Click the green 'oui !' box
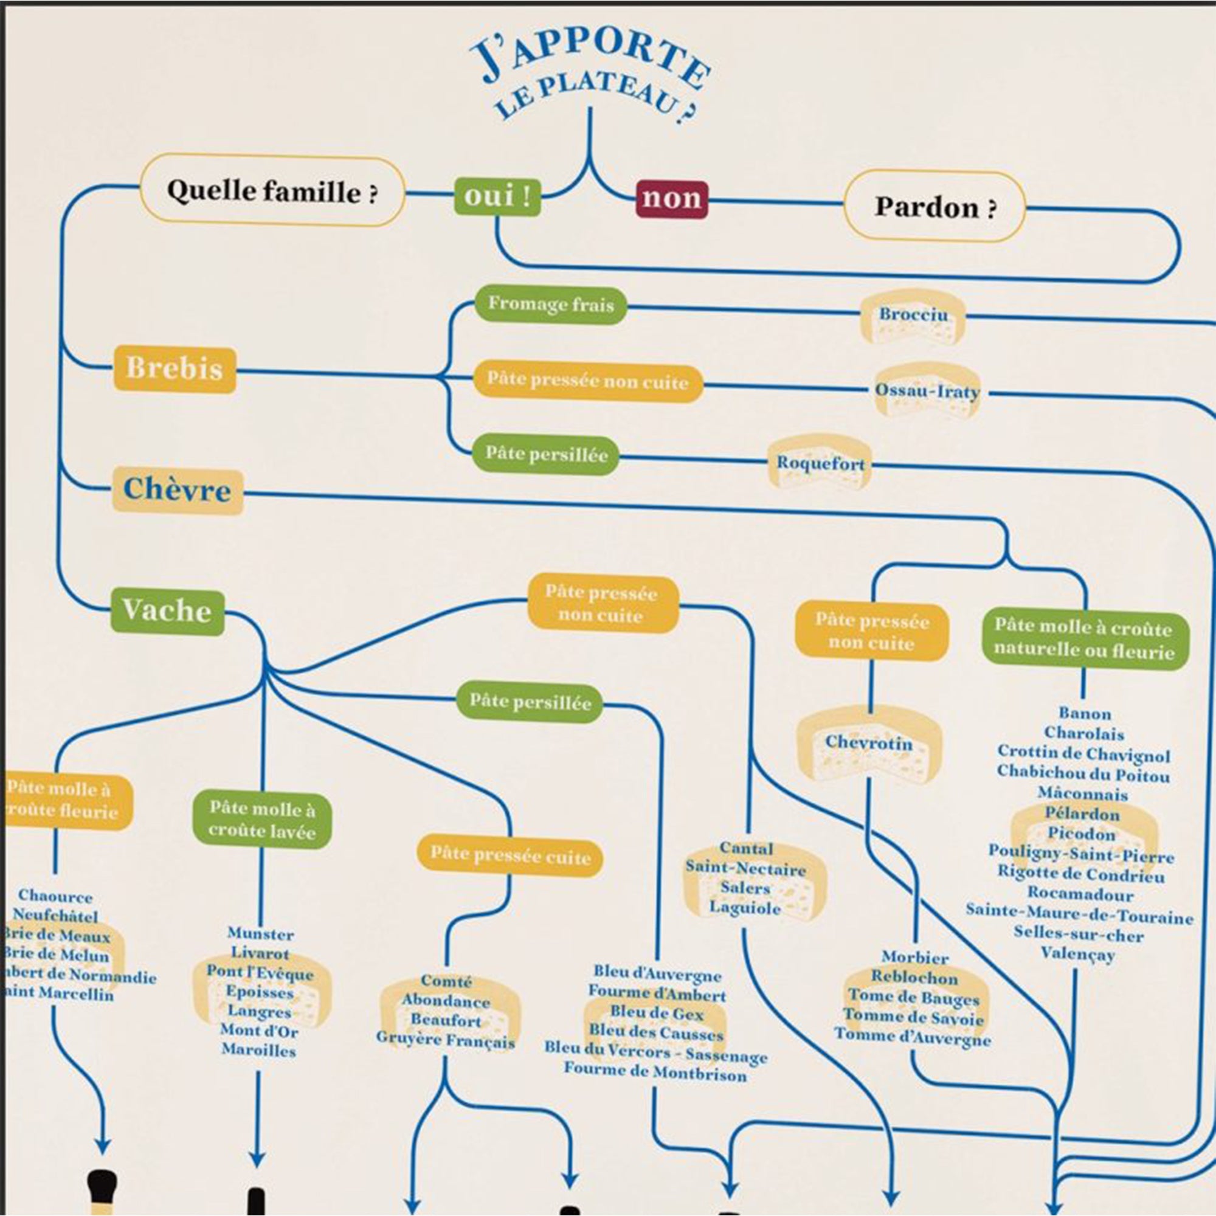click(x=497, y=197)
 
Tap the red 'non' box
click(x=671, y=199)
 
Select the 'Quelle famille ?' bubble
click(x=272, y=191)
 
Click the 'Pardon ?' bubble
click(x=935, y=207)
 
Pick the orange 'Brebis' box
click(x=174, y=369)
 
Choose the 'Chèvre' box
click(x=178, y=490)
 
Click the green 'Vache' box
click(x=167, y=611)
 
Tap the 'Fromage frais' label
click(x=551, y=305)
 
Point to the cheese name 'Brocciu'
click(x=913, y=315)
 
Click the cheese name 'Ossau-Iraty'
click(x=927, y=391)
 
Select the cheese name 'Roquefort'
click(x=820, y=464)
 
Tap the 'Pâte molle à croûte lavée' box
click(x=262, y=820)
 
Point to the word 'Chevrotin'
click(x=869, y=743)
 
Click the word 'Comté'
click(x=446, y=981)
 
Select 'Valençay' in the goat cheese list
click(x=1077, y=954)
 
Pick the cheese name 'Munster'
click(x=261, y=933)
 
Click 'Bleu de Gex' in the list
click(x=657, y=1014)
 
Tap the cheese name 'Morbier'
click(x=914, y=958)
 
